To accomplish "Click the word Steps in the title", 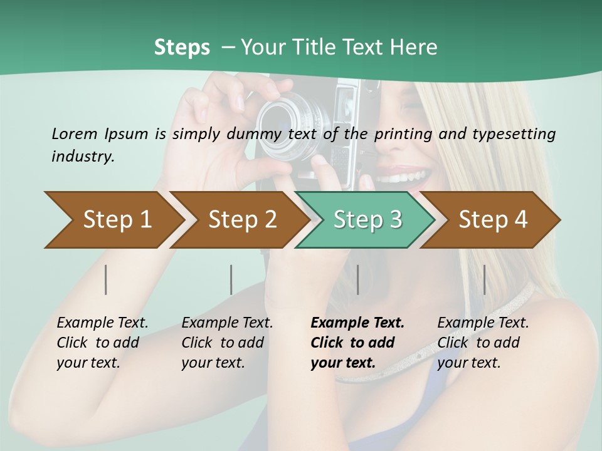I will [x=182, y=47].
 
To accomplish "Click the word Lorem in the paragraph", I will [x=73, y=133].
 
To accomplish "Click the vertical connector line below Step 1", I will [x=106, y=279].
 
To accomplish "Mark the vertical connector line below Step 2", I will [x=231, y=279].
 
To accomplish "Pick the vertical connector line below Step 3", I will [x=358, y=279].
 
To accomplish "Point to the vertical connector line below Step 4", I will [x=484, y=279].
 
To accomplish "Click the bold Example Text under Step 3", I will [x=357, y=323].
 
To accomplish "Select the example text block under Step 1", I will [x=102, y=343].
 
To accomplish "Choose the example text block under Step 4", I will [x=482, y=343].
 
